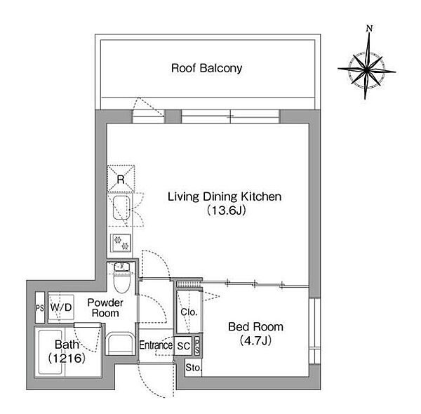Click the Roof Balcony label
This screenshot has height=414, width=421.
click(x=206, y=68)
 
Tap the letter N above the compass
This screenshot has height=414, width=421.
click(x=370, y=28)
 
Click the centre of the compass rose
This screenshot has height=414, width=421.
click(x=366, y=70)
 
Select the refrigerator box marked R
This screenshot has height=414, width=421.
click(x=121, y=178)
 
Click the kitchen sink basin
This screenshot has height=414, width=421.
click(x=121, y=208)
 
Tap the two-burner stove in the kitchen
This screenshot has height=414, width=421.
click(x=121, y=243)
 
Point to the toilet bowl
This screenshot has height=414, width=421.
click(x=121, y=281)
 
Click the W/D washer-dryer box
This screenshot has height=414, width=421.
click(x=61, y=307)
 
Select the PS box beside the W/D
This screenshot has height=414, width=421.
click(x=40, y=307)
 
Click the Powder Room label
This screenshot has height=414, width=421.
click(x=105, y=307)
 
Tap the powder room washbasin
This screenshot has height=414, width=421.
click(x=120, y=344)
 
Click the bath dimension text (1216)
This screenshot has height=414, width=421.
click(x=67, y=358)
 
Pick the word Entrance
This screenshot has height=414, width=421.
click(x=156, y=345)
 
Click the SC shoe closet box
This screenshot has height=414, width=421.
click(x=183, y=346)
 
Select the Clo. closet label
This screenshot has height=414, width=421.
click(x=189, y=312)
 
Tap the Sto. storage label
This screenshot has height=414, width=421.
click(x=193, y=368)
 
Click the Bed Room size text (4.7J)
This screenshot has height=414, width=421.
click(x=255, y=341)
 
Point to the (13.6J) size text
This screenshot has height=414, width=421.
click(x=227, y=211)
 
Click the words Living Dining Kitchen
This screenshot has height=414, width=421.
click(x=225, y=196)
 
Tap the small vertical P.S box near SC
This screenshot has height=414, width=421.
click(x=197, y=347)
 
